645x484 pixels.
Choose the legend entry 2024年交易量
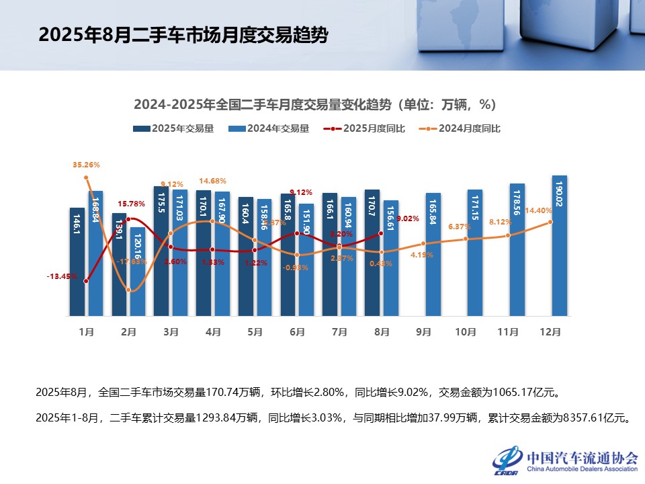coord(269,128)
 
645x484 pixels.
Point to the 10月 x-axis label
coord(466,331)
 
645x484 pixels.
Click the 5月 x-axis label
coord(255,331)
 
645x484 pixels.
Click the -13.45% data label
coord(61,276)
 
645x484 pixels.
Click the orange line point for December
coord(552,222)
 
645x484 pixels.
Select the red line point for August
coord(381,233)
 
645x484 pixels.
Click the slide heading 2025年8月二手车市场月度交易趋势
coord(183,35)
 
